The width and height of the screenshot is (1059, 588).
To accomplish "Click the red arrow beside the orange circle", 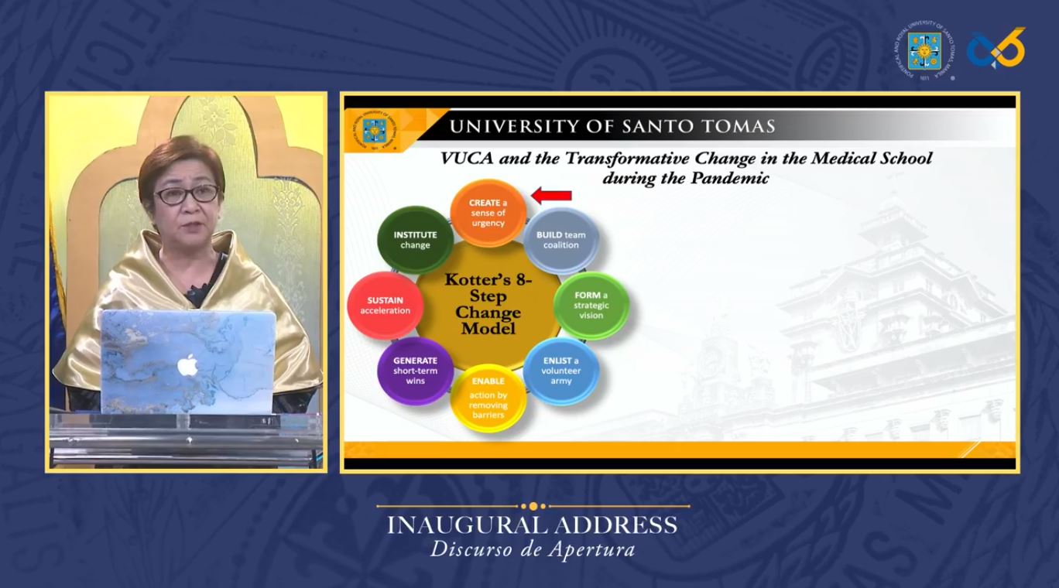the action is point(551,195).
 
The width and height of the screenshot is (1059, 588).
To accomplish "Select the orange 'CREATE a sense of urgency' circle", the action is point(488,213).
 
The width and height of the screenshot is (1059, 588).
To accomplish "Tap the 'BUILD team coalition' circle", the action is point(561,240).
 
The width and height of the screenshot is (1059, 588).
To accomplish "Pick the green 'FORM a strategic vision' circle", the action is point(591,306).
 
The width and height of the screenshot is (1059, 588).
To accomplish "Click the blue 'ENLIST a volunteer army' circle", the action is point(561,371).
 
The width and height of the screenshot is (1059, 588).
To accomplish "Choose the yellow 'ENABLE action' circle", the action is point(488,398).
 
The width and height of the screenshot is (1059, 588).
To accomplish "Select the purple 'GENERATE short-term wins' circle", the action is point(416,371).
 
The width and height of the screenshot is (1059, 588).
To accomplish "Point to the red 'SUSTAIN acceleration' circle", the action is point(386,306).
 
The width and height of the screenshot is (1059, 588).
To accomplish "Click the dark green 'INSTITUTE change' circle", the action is point(416,240).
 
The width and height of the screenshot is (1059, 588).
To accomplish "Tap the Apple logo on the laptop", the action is point(187,365).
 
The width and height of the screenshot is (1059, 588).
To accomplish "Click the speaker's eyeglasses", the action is point(187,195).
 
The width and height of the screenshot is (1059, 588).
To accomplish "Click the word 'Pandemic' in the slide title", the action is point(730,178).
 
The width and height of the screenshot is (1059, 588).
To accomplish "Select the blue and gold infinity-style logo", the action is point(996,48).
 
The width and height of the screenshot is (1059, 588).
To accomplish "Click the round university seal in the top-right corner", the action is point(924,50).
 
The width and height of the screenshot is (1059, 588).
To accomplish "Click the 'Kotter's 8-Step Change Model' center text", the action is point(488,304).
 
